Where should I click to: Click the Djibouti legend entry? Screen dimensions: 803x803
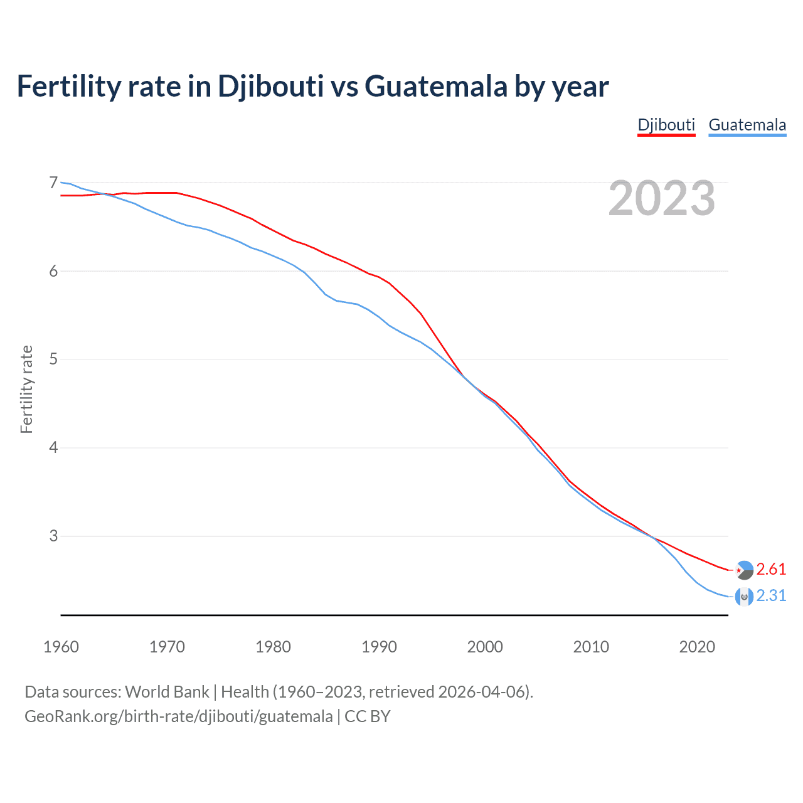[x=666, y=125]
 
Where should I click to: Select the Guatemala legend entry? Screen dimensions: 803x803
[x=747, y=125]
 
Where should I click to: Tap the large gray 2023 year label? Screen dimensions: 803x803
[x=661, y=198]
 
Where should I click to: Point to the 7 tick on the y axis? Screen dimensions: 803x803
[x=53, y=183]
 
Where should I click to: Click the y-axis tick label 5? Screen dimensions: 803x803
[x=53, y=359]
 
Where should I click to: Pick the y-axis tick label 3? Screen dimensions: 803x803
[x=53, y=536]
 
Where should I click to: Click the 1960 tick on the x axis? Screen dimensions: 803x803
[x=61, y=647]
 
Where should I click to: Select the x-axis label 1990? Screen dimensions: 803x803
[x=379, y=647]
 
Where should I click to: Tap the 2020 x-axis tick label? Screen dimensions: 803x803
[x=697, y=647]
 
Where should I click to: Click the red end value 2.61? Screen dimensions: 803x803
[x=771, y=569]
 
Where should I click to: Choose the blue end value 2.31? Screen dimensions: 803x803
[x=771, y=595]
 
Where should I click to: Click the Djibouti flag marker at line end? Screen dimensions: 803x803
[x=744, y=570]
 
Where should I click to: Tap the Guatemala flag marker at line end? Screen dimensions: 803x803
[x=744, y=597]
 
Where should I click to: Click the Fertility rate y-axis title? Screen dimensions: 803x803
[x=26, y=389]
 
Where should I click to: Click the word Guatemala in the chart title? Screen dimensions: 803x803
[x=435, y=86]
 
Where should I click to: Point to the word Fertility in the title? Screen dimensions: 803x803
[x=68, y=86]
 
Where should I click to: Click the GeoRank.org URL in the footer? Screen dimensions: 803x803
[x=178, y=716]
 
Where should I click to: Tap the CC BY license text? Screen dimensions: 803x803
[x=368, y=716]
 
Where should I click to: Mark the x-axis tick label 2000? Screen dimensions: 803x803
[x=485, y=647]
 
